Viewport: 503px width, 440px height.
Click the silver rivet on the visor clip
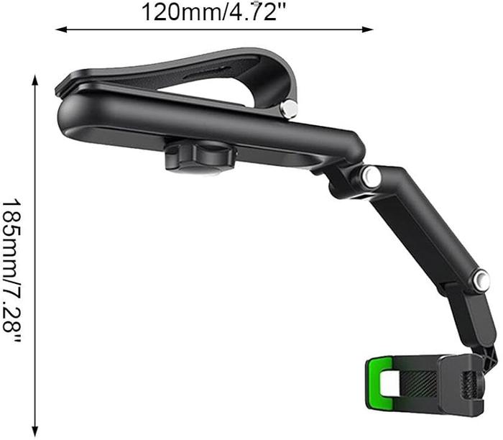(288, 109)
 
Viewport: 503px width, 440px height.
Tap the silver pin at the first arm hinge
(371, 177)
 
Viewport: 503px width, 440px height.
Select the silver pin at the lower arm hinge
(480, 280)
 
